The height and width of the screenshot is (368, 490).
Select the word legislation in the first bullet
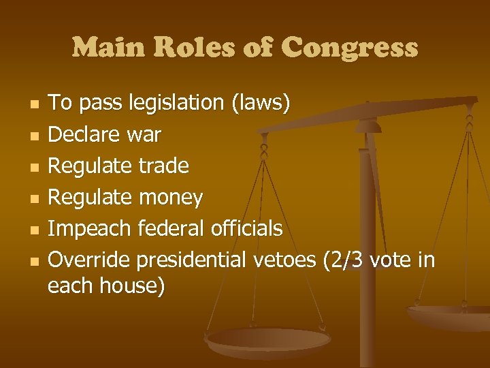tap(169, 104)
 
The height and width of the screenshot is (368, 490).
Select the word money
tap(171, 198)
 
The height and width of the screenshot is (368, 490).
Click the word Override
tap(89, 260)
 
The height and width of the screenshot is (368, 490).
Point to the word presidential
tap(192, 260)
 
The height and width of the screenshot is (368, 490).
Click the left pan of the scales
tap(268, 340)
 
